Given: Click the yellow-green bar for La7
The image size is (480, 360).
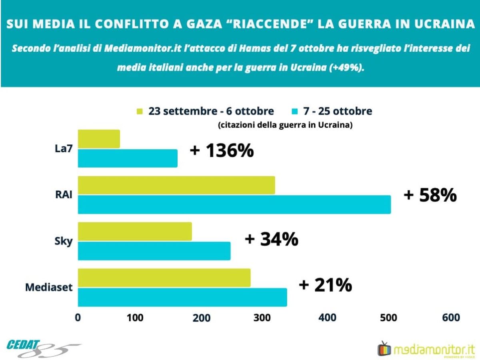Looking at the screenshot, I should (99, 139).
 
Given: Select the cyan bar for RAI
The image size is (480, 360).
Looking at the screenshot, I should (234, 204).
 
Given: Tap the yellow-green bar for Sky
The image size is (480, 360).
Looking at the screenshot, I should (135, 232).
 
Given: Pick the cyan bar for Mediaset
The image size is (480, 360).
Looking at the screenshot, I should (182, 297).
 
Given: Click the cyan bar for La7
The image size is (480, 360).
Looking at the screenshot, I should (128, 158).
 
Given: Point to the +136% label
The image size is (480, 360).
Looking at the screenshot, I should (222, 151).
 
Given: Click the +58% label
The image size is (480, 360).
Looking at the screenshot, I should (430, 195).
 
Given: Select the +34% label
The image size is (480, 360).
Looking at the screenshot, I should (271, 239).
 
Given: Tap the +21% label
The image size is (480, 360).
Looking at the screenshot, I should (325, 285).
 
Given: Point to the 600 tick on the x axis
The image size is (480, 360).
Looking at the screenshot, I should (452, 318).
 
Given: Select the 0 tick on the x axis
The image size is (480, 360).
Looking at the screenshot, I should (78, 318).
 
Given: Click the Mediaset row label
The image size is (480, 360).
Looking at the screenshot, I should (49, 287).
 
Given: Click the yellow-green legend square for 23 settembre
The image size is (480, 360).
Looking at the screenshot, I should (140, 111).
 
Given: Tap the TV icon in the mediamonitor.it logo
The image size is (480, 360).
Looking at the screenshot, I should (384, 348).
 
